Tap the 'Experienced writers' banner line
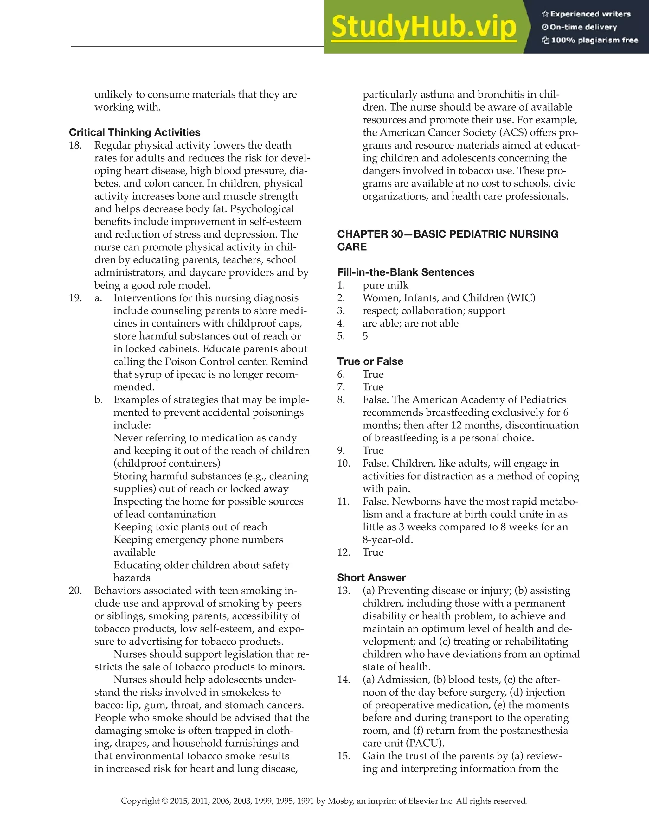(x=590, y=14)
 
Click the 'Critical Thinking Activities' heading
(x=135, y=132)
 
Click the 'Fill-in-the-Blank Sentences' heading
(x=406, y=272)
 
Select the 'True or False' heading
(x=370, y=361)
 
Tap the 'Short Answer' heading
(x=371, y=578)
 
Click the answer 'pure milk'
(x=385, y=285)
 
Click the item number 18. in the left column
(x=75, y=145)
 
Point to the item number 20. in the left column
(x=75, y=590)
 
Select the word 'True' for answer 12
(x=373, y=552)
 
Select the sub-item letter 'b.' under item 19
(x=99, y=399)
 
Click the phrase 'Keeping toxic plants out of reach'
(x=190, y=527)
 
